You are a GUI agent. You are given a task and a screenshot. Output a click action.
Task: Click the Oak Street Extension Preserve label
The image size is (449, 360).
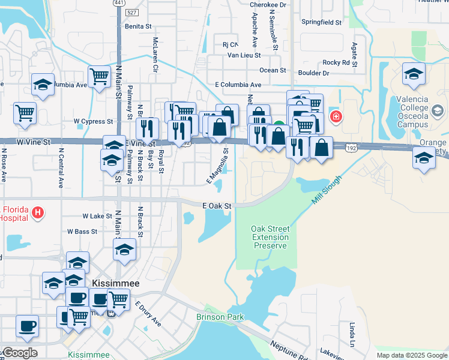pyautogui.click(x=270, y=237)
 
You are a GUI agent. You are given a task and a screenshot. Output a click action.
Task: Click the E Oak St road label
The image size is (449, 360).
pyautogui.click(x=217, y=206)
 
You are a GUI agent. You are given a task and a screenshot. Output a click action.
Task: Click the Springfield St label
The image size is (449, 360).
pyautogui.click(x=321, y=22)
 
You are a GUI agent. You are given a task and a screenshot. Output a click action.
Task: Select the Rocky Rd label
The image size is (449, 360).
pyautogui.click(x=336, y=62)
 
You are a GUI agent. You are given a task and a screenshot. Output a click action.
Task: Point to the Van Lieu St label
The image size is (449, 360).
pyautogui.click(x=244, y=55)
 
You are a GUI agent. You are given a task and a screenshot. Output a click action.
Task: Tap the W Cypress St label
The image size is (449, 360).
pyautogui.click(x=93, y=121)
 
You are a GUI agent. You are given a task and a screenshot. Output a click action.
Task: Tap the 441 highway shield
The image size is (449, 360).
pyautogui.click(x=119, y=4)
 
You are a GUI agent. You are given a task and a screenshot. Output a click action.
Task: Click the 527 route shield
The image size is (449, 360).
pyautogui.click(x=133, y=12)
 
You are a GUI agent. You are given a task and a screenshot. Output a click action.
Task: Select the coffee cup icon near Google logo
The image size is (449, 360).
pyautogui.click(x=27, y=326)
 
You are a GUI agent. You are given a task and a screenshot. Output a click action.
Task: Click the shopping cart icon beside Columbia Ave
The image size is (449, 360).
pyautogui.click(x=99, y=76)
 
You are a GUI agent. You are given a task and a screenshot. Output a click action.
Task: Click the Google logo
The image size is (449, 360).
pyautogui.click(x=20, y=353)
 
